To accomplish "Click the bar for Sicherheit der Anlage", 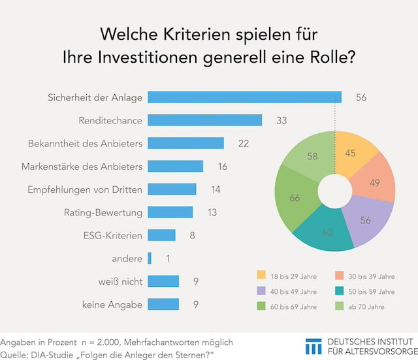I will [x=244, y=97].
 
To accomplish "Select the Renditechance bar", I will [x=204, y=120].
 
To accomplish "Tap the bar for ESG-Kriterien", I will [x=161, y=235].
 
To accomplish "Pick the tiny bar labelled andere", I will [x=150, y=258].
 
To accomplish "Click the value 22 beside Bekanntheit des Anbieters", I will [x=244, y=143].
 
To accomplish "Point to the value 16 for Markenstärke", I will [x=223, y=166].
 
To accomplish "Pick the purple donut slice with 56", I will [x=364, y=220].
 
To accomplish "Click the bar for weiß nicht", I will [x=163, y=281].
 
